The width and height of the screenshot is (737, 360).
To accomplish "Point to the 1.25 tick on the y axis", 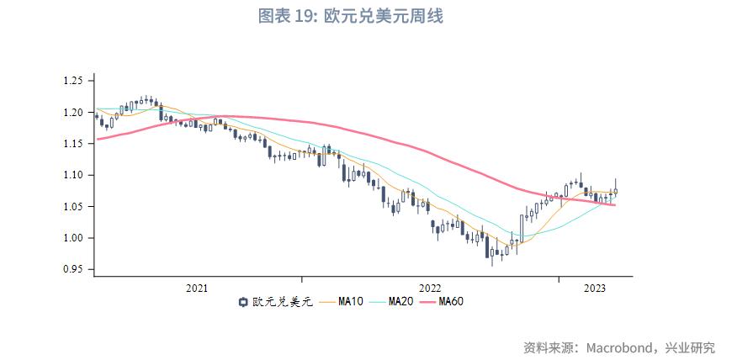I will point(73,81).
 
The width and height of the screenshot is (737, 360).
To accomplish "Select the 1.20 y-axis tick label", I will point(73,113).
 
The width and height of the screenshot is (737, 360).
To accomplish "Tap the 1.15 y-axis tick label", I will point(73,144).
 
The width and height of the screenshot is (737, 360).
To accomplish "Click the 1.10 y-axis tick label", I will point(73,175).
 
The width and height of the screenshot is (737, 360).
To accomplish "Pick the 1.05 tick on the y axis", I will point(73,207).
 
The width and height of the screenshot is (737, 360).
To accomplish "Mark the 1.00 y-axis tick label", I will point(73,238).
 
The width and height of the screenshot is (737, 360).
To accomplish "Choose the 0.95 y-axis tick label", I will point(73,270).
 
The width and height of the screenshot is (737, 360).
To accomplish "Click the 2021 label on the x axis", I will point(197,289).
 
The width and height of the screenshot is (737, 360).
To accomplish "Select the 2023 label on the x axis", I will point(595,289).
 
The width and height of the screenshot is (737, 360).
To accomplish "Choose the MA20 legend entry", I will point(400,303).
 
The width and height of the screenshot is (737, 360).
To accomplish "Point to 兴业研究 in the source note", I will point(689,347).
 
